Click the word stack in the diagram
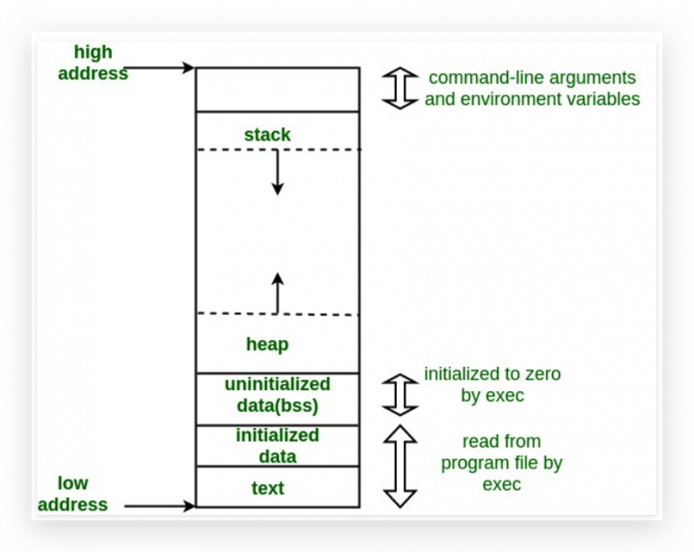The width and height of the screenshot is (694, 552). coord(267,135)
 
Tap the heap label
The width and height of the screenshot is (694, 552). coord(267,344)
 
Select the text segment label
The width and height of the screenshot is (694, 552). coord(267,488)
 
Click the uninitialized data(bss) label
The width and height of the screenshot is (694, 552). coord(277,395)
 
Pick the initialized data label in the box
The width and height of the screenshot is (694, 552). coord(277,445)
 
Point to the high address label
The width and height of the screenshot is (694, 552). coord(93,62)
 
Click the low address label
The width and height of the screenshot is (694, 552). coord(72,494)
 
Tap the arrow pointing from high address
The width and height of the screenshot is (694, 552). coord(159,68)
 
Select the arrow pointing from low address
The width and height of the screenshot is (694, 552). coord(160,506)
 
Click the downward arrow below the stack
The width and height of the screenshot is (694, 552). coord(277,173)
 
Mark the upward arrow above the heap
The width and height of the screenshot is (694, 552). coord(277,294)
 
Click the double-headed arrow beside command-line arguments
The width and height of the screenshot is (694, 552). coord(400,89)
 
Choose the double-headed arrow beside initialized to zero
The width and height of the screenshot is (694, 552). coord(400,395)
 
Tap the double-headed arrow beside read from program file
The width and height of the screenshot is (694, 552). coord(400,466)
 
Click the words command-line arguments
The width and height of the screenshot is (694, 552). coord(532,78)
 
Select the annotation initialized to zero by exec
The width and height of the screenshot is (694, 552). coord(492,385)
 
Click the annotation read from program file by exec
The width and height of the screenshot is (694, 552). coord(502,463)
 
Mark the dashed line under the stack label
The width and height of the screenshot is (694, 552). coord(279,150)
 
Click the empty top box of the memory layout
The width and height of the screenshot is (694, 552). coord(277,89)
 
